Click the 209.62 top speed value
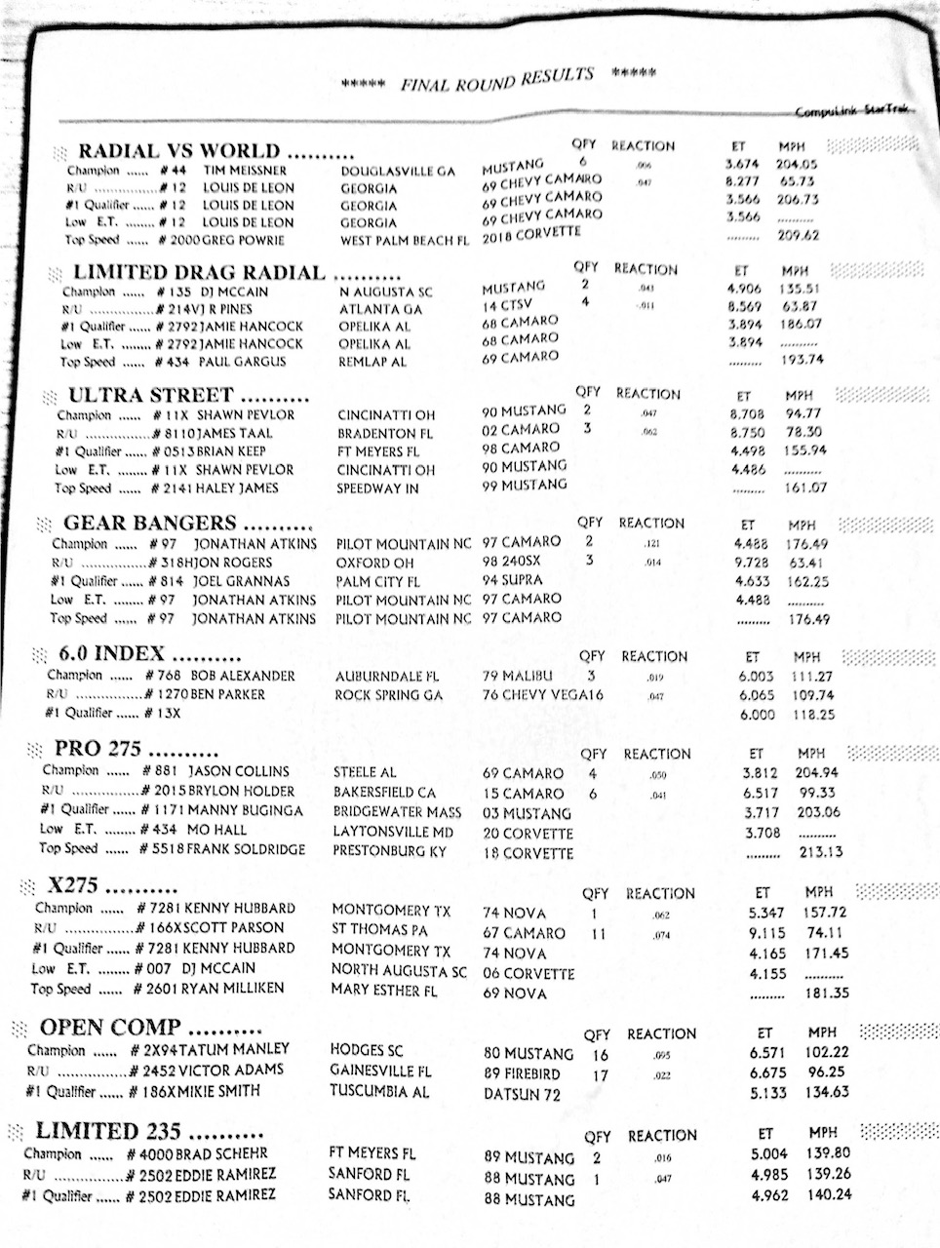797,235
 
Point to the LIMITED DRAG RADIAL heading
199,273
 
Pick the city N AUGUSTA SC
387,292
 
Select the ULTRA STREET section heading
150,396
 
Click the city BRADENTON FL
385,433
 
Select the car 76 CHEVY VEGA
534,695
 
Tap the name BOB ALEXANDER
243,676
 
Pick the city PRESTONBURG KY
389,851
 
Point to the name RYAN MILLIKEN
239,989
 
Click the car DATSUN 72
522,1094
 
